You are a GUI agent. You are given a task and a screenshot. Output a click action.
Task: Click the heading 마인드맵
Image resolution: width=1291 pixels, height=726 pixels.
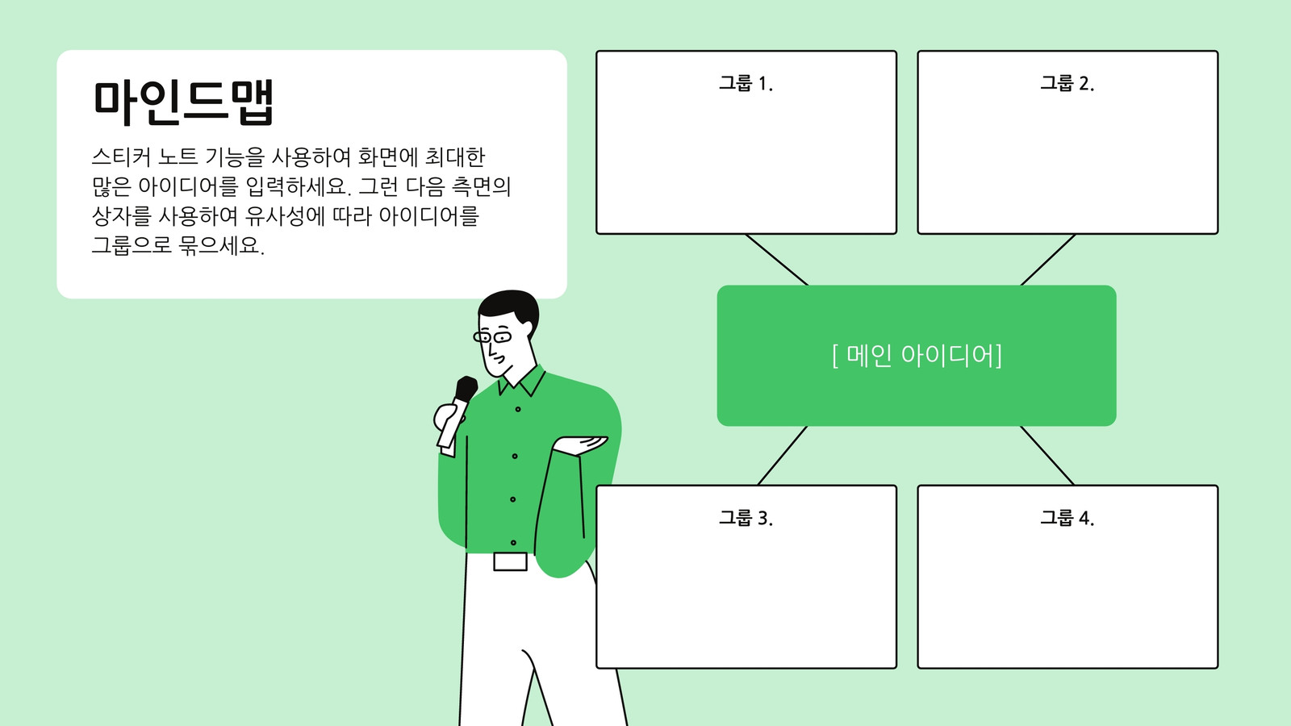(x=183, y=102)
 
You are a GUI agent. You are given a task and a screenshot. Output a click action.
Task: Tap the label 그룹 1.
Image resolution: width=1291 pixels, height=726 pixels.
(x=746, y=84)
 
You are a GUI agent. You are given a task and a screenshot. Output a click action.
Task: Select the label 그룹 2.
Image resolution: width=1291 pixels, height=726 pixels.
(x=1067, y=84)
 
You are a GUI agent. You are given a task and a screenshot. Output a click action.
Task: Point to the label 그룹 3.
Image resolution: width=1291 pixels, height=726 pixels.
(x=746, y=518)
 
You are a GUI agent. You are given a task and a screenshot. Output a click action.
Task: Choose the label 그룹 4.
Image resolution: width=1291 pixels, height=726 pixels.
(x=1067, y=518)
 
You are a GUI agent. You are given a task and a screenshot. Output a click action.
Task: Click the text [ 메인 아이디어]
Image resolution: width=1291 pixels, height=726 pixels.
(x=917, y=356)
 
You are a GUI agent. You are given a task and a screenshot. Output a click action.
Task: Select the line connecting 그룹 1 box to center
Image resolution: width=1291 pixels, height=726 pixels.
(x=777, y=260)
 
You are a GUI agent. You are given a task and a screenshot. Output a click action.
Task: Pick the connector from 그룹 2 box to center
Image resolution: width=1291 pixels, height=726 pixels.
(x=1048, y=260)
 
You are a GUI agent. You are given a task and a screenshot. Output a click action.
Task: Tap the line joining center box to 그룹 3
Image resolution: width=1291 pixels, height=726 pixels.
(x=783, y=456)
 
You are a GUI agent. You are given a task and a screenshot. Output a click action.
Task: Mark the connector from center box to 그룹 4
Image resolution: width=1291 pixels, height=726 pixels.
(x=1047, y=456)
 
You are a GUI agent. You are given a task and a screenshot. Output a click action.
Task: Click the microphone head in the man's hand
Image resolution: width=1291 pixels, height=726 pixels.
(x=466, y=388)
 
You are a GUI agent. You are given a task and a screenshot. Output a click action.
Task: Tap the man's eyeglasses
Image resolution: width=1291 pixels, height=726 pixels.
(x=492, y=336)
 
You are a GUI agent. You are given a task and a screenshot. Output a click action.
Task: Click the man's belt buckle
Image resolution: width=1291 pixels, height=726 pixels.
(x=510, y=561)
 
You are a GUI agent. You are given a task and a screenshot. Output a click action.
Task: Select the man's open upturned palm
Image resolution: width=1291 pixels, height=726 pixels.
(x=581, y=444)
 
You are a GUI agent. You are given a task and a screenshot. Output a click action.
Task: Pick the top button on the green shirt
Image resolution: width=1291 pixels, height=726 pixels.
(x=517, y=409)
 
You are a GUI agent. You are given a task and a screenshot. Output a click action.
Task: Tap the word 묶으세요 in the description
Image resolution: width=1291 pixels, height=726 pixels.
(x=221, y=246)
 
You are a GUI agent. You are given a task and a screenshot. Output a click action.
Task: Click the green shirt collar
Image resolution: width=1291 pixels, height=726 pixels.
(x=522, y=381)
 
